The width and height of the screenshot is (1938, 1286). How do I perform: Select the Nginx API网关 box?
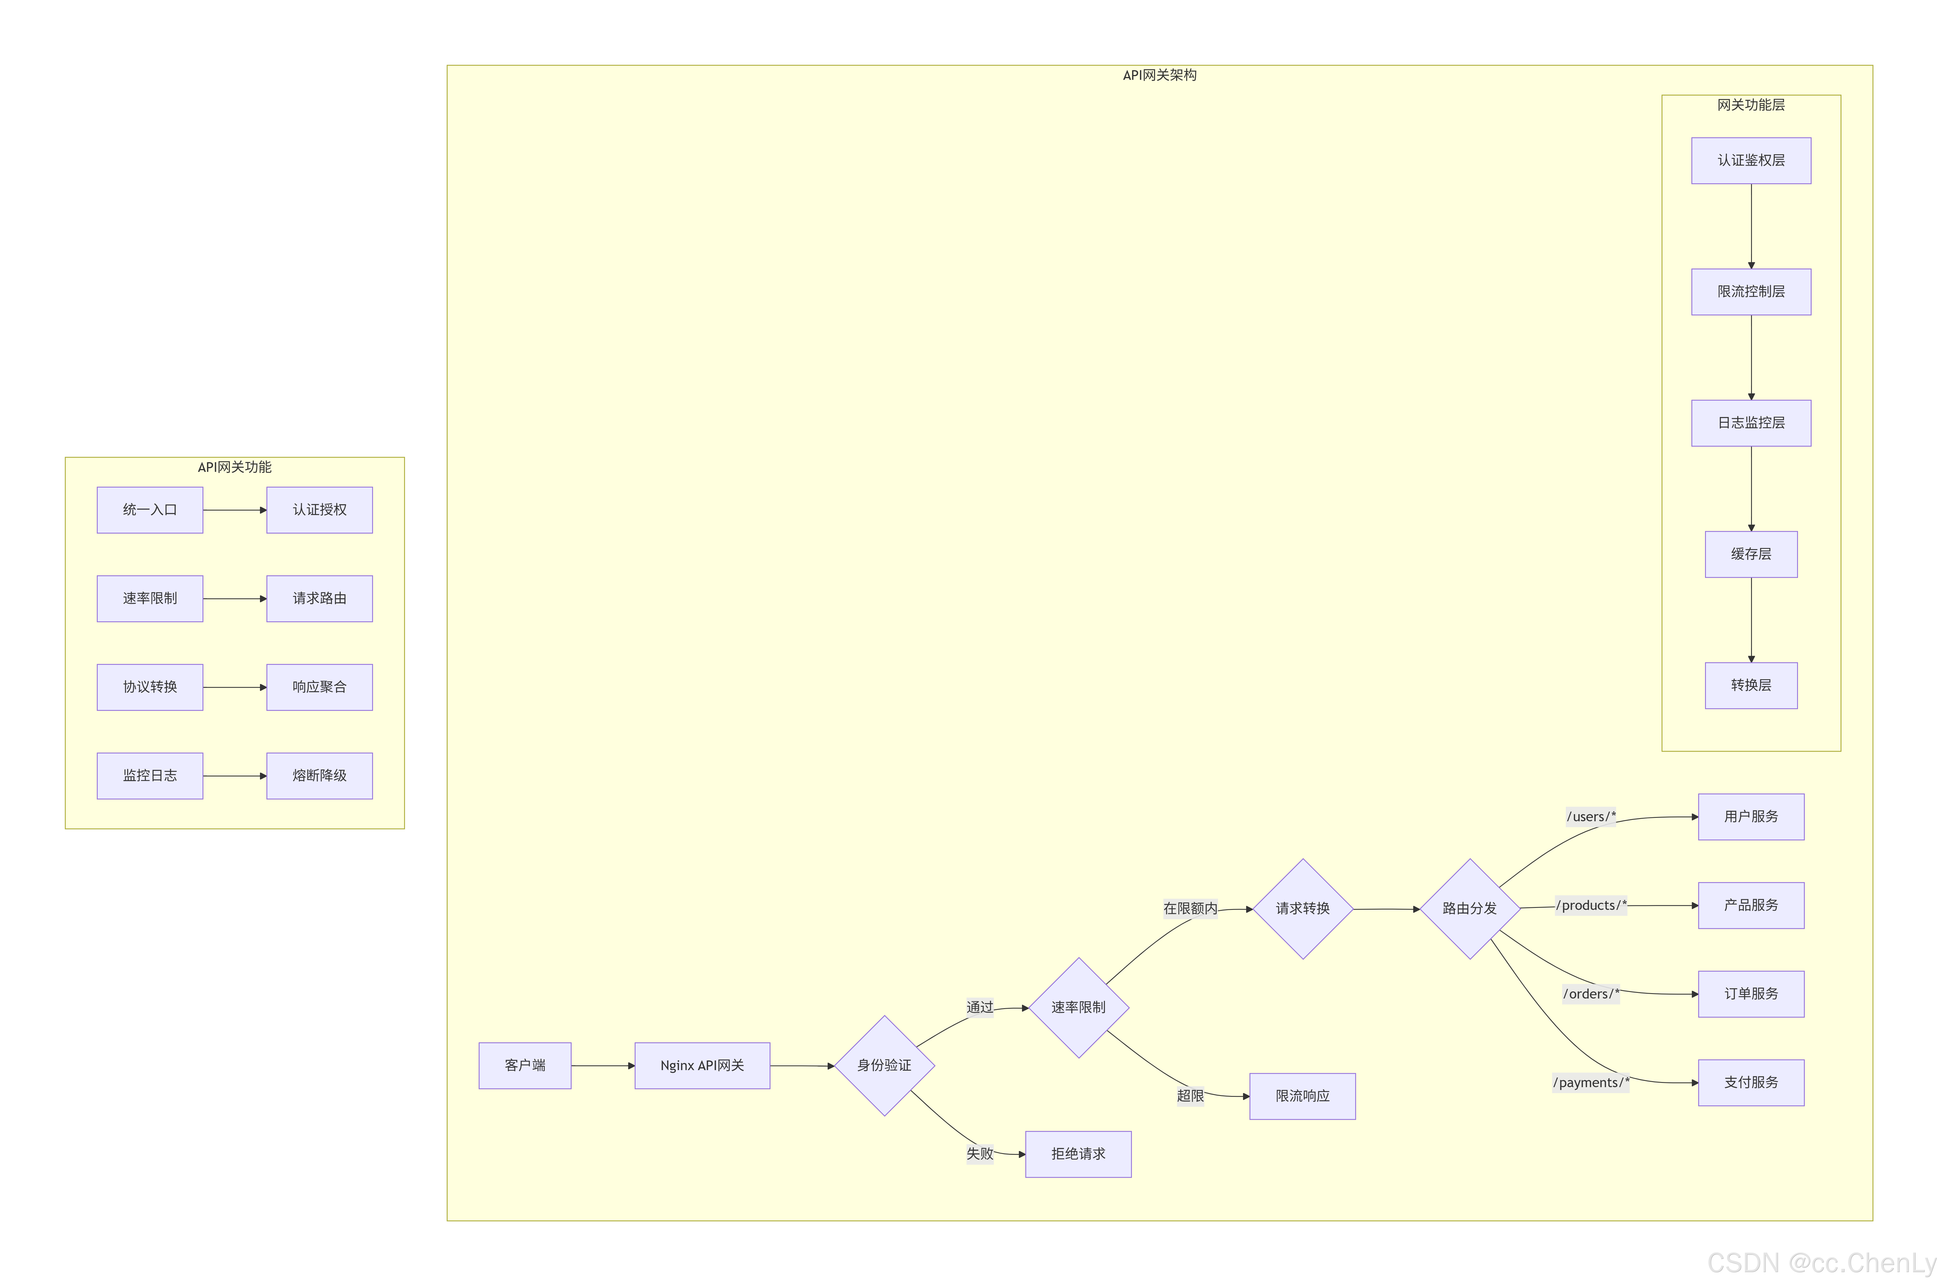coord(702,1065)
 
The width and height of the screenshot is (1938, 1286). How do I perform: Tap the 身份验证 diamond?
coord(884,1065)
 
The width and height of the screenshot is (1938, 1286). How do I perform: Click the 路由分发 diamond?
coord(1470,909)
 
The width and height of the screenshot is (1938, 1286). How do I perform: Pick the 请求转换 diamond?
coord(1302,909)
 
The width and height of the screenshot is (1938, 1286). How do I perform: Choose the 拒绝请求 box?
coord(1078,1154)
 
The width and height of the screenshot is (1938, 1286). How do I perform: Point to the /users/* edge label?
coord(1590,817)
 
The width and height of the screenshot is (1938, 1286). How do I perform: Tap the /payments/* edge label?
coord(1590,1083)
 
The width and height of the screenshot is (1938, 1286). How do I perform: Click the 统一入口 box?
coord(150,510)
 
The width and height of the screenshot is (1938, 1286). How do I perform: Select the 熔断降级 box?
coord(319,776)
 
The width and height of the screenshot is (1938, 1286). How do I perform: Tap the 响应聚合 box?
coord(319,687)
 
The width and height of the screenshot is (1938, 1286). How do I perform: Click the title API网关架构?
coord(1159,76)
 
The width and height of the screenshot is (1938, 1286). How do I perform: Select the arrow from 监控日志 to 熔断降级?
coord(235,776)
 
